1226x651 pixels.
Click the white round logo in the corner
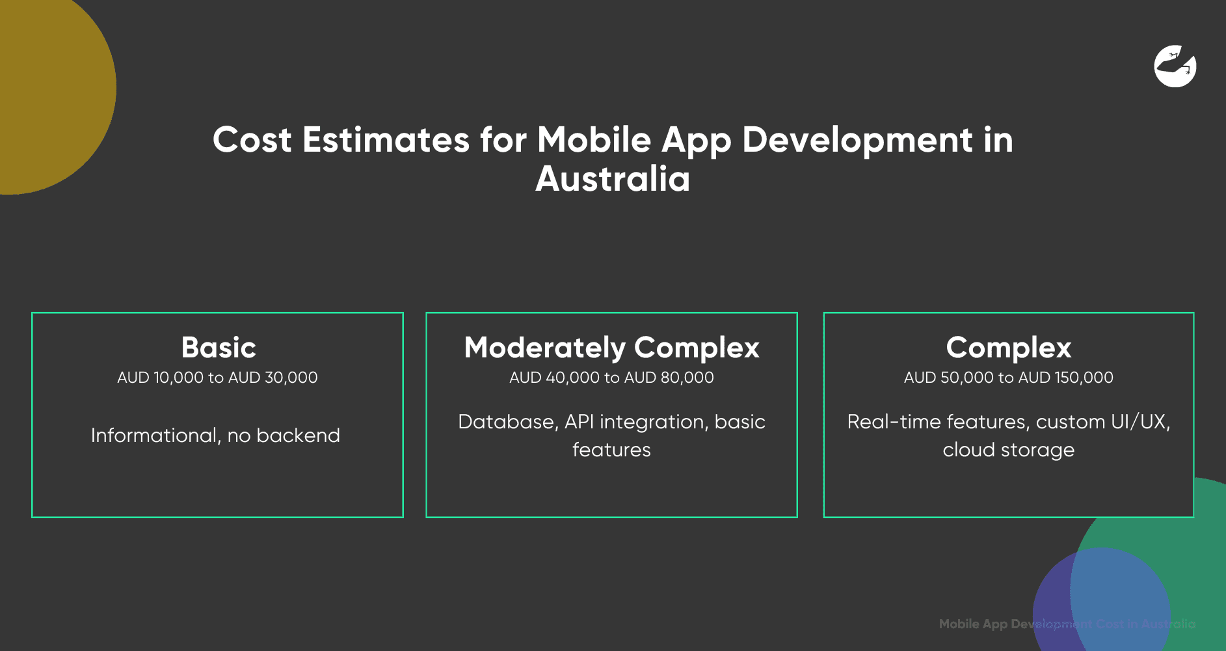(x=1175, y=66)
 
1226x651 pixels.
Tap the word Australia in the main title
(x=613, y=179)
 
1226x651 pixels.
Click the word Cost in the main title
(x=252, y=140)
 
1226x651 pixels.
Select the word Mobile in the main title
(x=594, y=140)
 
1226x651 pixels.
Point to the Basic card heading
(x=219, y=348)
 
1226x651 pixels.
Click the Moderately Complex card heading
(x=611, y=348)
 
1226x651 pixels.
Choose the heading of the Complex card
(x=1008, y=348)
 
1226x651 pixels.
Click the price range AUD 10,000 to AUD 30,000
(x=217, y=378)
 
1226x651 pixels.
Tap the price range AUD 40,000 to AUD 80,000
(x=611, y=378)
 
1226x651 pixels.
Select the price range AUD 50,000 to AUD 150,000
(x=1008, y=378)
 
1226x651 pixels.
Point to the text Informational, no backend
(x=215, y=436)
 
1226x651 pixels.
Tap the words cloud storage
(x=1008, y=450)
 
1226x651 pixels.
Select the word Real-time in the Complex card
(x=894, y=422)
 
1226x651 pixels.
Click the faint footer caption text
(x=1067, y=624)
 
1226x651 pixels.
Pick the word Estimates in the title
(x=386, y=140)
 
